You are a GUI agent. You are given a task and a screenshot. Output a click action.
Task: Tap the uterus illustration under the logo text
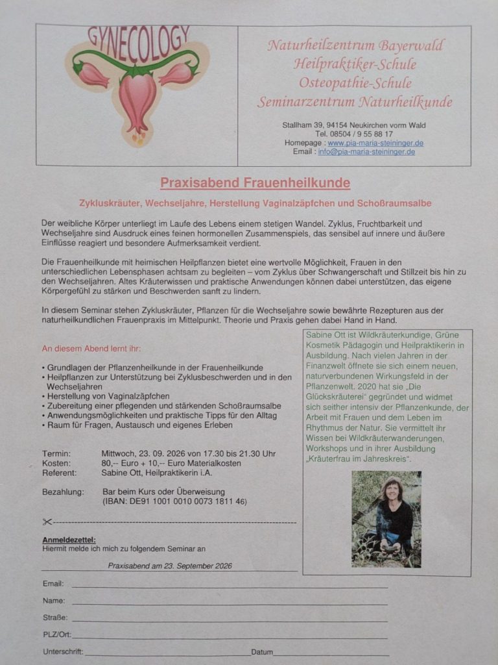pos(137,97)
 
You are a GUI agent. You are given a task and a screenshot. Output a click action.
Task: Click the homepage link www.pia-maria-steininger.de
pos(371,143)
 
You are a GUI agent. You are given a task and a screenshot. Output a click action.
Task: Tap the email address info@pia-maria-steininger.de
pos(366,152)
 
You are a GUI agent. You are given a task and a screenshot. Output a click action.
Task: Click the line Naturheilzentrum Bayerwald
pos(356,46)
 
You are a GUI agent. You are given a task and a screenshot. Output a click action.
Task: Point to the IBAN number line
pos(174,501)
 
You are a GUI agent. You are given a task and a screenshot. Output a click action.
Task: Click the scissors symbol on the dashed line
pos(47,521)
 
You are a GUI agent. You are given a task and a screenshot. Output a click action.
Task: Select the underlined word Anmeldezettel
pos(69,540)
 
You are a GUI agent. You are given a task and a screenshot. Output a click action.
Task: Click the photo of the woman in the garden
pos(386,520)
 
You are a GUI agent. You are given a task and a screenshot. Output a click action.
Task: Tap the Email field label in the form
pos(53,584)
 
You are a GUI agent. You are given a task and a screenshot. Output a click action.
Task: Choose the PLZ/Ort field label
pos(57,634)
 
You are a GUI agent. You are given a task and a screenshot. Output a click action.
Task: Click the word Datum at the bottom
pos(262,652)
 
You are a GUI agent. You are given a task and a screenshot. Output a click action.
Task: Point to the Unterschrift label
pos(63,651)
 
